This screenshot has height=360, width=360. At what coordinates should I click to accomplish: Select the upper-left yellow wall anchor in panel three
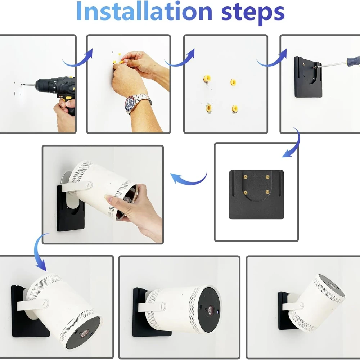[207, 78]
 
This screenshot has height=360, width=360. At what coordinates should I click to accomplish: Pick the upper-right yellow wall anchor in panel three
[233, 82]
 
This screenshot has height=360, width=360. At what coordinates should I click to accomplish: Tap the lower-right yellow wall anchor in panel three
[235, 108]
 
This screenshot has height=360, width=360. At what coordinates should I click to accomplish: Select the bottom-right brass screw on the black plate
[267, 192]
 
